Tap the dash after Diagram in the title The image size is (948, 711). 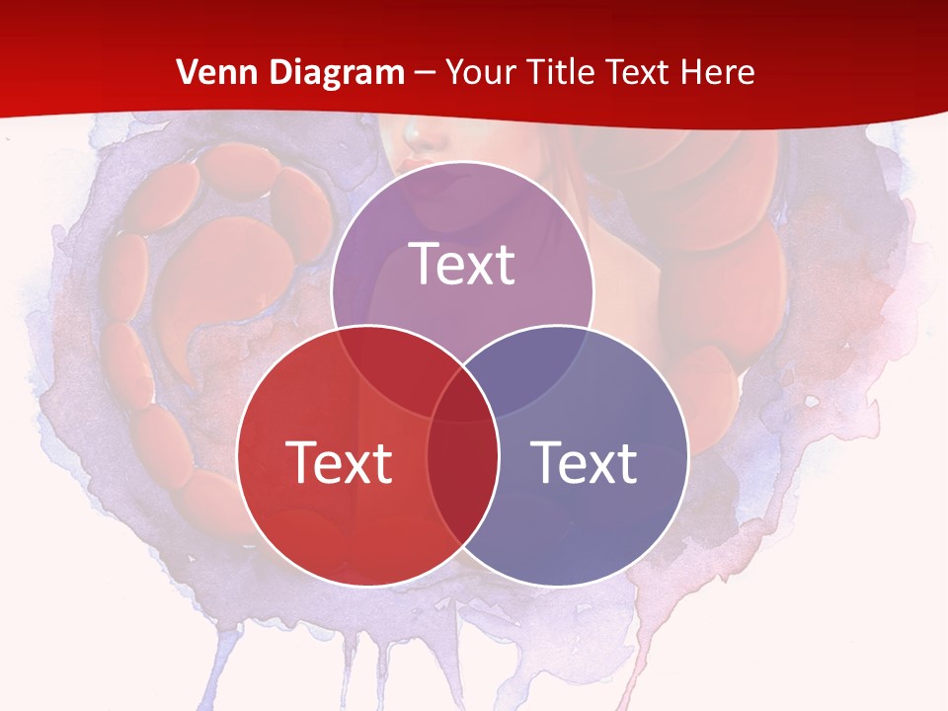(426, 73)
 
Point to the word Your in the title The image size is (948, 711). (481, 72)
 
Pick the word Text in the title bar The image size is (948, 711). (641, 72)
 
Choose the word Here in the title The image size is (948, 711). (722, 72)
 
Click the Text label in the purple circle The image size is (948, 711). (462, 264)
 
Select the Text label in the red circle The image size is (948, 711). (339, 461)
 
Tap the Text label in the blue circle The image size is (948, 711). (585, 461)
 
